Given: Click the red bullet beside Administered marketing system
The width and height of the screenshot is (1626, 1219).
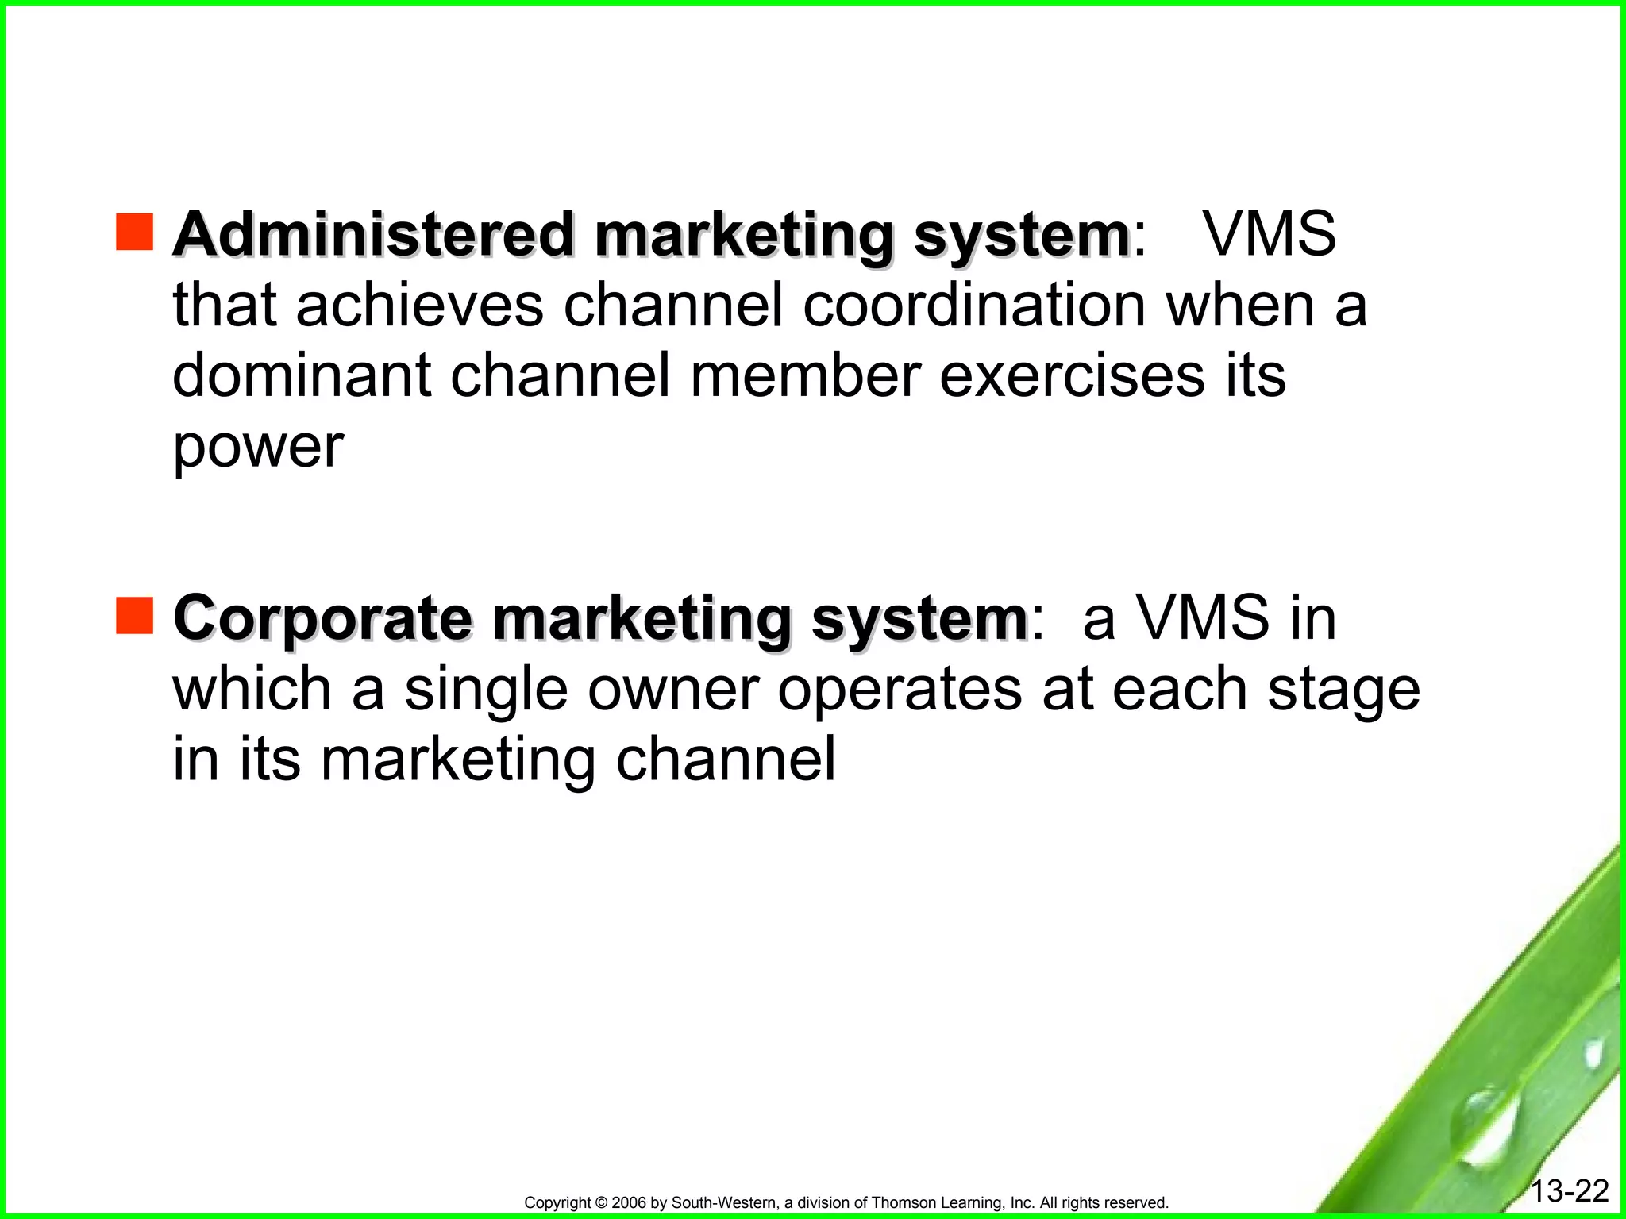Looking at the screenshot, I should [134, 232].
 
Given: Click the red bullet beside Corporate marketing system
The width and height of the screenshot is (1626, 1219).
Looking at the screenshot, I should [134, 616].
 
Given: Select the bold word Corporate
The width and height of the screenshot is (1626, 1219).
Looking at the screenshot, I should [322, 618].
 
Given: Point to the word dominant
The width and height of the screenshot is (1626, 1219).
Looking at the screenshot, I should [302, 375].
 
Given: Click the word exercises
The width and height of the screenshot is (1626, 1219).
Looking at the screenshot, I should [1073, 375].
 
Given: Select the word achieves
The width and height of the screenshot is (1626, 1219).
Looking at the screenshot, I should [420, 306].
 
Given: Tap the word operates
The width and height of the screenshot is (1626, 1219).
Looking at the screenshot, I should [900, 690].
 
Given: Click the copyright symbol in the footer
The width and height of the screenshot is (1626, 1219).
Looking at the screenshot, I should [600, 1203].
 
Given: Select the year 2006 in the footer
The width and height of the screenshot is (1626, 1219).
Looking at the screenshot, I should [630, 1203].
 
